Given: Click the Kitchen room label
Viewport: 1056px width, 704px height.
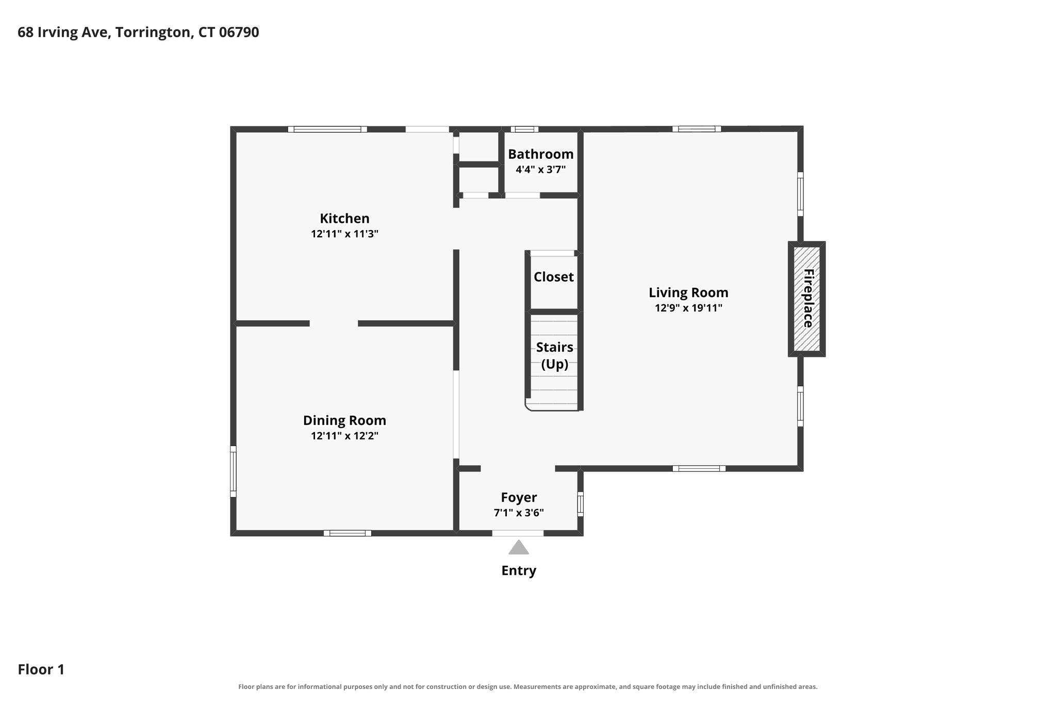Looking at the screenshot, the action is coord(344,218).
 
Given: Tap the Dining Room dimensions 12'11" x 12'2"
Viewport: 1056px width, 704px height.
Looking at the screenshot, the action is coord(344,436).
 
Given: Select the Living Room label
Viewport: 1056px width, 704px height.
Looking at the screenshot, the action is coord(688,293).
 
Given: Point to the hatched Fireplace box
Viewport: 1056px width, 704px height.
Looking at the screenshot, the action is coord(806,299).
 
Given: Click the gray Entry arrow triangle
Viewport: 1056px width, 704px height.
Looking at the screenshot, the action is coord(519,547).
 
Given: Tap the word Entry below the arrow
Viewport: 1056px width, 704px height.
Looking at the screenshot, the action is coord(519,570).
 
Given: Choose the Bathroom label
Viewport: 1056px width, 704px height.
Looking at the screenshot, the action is coord(541,154).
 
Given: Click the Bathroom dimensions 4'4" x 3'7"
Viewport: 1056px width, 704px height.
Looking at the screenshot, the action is coord(541,170).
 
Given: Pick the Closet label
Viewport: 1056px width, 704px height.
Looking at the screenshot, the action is coord(554,277).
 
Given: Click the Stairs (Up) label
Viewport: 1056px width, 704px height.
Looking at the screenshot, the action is coord(555,356).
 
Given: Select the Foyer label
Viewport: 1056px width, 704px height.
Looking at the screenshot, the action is coord(519,497).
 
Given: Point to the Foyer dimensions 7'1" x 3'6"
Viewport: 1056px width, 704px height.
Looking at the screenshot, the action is coord(519,513).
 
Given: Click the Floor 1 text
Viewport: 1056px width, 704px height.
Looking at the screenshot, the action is coord(41,669).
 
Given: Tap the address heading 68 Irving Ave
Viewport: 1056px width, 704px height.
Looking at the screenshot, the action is coord(138,32).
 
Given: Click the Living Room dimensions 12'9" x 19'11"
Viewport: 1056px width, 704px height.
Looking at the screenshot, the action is coord(688,308).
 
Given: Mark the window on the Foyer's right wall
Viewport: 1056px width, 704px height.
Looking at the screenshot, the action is coord(580,504).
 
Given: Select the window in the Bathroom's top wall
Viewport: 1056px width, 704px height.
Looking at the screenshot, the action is coord(524,129).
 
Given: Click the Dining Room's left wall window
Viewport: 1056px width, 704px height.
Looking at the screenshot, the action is coord(233,471).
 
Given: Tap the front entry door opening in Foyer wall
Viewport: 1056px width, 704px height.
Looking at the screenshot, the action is coord(518,533).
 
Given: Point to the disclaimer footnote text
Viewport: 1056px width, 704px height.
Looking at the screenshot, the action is coord(528,687).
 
